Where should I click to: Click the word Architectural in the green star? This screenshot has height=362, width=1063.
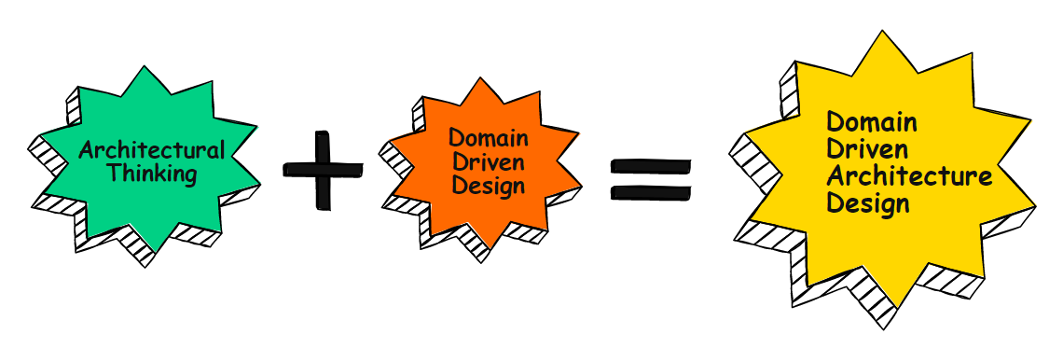152,150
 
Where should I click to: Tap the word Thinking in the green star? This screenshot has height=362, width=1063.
152,173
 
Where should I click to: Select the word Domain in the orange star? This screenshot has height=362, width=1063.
490,140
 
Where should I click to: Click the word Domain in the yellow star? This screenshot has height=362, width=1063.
872,122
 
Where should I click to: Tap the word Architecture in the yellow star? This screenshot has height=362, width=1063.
909,175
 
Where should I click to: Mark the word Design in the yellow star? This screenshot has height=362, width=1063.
867,202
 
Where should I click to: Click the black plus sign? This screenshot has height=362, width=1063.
323,168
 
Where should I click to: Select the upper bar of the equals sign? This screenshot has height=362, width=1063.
651,165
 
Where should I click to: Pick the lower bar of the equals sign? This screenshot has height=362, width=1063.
651,193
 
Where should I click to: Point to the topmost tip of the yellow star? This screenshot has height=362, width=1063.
882,31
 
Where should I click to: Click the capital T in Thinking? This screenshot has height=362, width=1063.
113,173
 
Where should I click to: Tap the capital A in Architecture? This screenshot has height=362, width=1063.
835,175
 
